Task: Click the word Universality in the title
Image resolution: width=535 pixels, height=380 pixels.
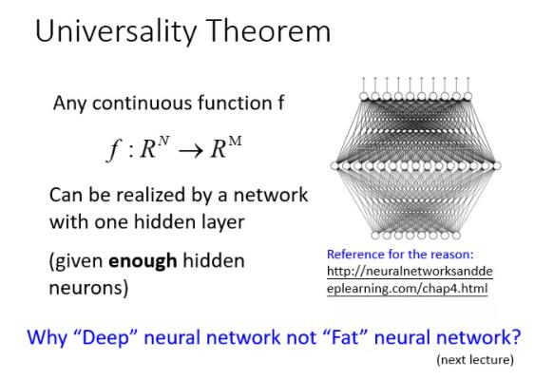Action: click(x=116, y=31)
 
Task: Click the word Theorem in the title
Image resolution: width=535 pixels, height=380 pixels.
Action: click(x=268, y=31)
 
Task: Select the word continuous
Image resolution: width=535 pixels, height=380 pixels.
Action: click(x=142, y=103)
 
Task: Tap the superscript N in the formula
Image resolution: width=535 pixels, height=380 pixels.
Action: click(x=163, y=141)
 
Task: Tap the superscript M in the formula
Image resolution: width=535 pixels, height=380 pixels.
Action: click(x=236, y=141)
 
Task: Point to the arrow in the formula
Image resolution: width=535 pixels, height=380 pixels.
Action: click(x=190, y=151)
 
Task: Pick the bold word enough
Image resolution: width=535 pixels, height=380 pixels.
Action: click(x=143, y=261)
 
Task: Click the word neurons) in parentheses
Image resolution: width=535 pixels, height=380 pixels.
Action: click(x=88, y=288)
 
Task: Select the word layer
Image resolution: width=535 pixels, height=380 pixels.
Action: click(x=222, y=222)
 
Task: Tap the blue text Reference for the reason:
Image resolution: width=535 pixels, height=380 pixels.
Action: click(x=400, y=255)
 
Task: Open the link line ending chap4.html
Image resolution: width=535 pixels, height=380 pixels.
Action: click(x=407, y=289)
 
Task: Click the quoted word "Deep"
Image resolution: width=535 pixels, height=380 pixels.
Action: click(x=105, y=337)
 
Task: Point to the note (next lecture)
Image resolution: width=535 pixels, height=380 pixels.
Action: click(x=475, y=360)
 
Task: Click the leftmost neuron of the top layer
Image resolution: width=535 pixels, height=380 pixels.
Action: click(x=364, y=96)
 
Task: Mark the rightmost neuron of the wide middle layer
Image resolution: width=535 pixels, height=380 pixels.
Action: click(x=497, y=166)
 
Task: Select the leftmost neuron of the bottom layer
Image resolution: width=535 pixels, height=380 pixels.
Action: click(x=375, y=236)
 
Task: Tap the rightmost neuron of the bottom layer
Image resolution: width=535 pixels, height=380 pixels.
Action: click(x=456, y=236)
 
